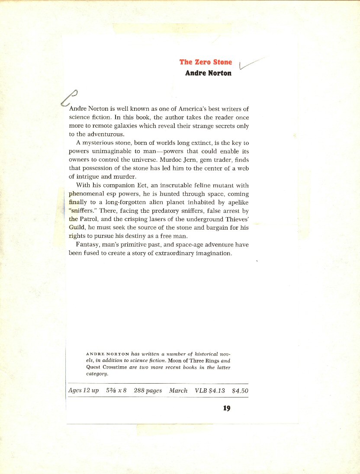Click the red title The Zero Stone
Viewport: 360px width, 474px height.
(206, 62)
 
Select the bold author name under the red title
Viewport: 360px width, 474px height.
(208, 73)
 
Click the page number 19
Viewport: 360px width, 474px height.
(227, 408)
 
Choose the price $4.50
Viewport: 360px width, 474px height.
(240, 391)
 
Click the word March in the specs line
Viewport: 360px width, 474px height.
(178, 391)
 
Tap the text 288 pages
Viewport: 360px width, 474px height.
(148, 391)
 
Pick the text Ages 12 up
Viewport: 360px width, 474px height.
(84, 391)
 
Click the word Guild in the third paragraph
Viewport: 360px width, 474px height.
(77, 227)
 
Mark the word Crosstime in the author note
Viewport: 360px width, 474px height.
(114, 367)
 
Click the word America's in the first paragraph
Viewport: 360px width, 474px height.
(181, 109)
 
